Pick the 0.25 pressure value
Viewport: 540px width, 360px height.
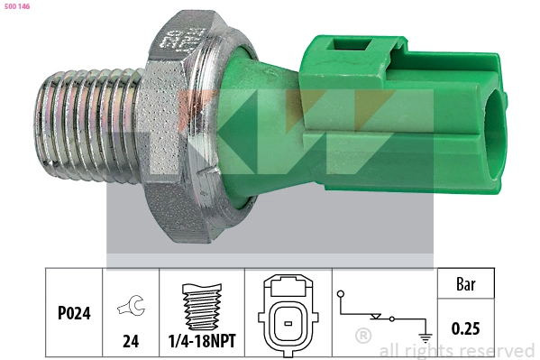click(464, 328)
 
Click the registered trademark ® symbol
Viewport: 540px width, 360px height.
click(363, 336)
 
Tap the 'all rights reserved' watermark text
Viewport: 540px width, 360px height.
click(456, 350)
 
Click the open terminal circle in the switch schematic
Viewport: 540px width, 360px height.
click(342, 295)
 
